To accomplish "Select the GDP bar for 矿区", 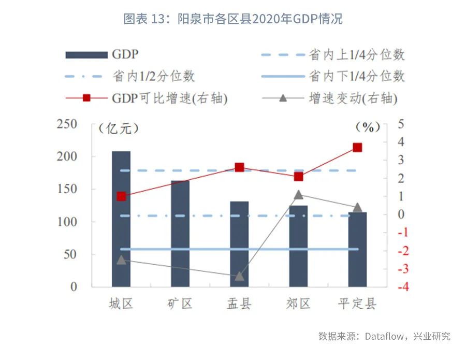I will coord(180,234).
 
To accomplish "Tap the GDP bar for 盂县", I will coord(239,244).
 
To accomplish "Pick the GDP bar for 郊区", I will coord(298,246).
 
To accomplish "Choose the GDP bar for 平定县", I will coord(357,249).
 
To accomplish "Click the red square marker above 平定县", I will coord(357,148).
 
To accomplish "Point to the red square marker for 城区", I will coord(121,196).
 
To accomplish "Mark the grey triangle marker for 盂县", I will coord(239,276).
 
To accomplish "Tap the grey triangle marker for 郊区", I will coord(298,195).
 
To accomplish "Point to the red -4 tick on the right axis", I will coord(400,287).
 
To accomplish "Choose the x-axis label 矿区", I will coord(180,304).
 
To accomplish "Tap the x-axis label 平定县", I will coord(357,304).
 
